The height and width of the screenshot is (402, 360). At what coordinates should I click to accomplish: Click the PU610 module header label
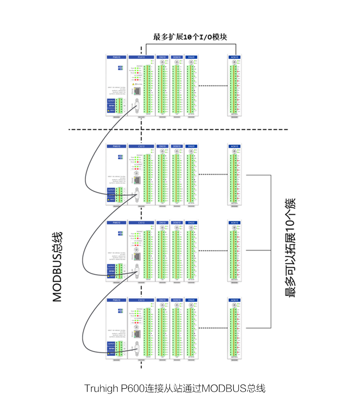click(141, 57)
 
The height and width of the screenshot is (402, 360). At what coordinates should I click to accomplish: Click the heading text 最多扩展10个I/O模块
click(190, 37)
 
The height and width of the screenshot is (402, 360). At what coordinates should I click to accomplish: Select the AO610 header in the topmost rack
click(234, 57)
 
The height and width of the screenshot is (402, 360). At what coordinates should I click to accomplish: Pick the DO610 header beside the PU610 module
click(177, 57)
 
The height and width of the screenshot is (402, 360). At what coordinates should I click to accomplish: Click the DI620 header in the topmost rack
click(191, 57)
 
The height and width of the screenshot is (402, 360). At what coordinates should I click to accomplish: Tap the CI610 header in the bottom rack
click(141, 300)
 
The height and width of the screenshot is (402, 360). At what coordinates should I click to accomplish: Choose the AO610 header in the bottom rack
click(234, 300)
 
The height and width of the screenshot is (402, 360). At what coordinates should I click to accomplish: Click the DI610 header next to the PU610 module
click(162, 57)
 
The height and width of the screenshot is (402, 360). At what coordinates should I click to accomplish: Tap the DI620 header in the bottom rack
click(191, 300)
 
